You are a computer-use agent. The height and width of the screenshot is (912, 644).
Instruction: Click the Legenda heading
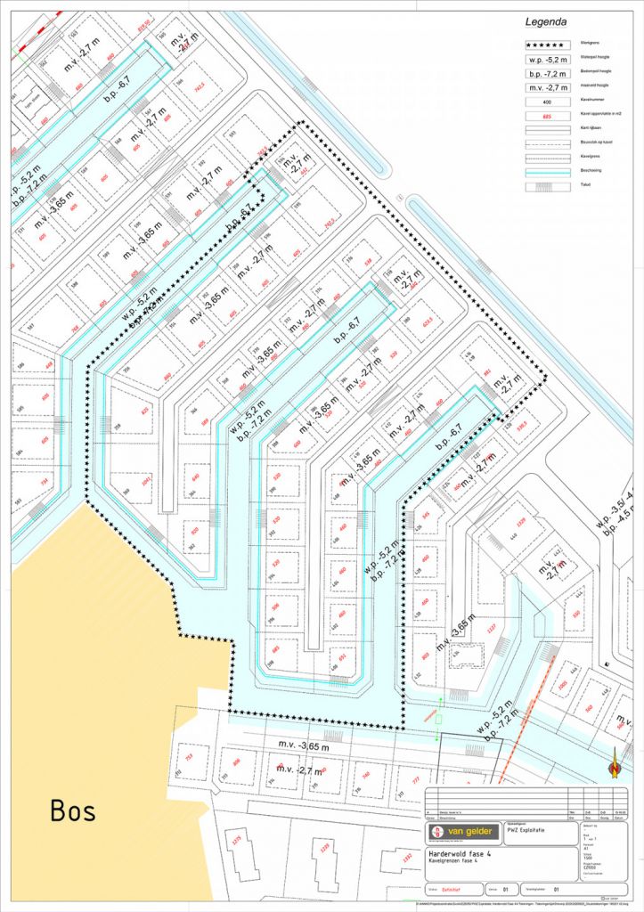(x=546, y=21)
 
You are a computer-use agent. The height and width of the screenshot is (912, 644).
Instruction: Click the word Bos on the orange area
(x=73, y=811)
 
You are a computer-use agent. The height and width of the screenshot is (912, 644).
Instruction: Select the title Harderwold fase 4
(x=462, y=853)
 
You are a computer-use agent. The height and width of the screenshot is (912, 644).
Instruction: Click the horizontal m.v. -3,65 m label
(x=303, y=745)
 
